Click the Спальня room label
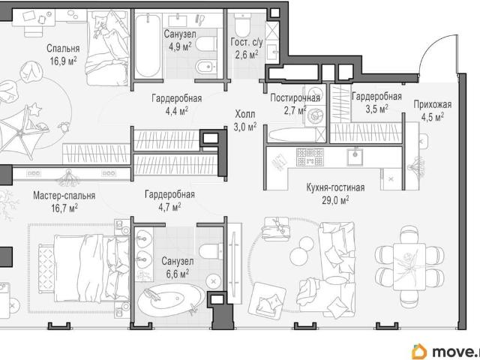[63, 48]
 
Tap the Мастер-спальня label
[64, 195]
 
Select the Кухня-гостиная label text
[335, 187]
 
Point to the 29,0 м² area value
[335, 200]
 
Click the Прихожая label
[433, 105]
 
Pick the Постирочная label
[295, 98]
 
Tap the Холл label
[245, 114]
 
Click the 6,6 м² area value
[177, 274]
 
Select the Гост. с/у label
[247, 43]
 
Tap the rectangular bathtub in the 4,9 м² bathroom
[148, 46]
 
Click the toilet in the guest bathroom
[243, 26]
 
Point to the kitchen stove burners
[310, 157]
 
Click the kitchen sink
[355, 157]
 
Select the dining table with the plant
[409, 266]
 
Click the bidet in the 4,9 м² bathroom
[206, 66]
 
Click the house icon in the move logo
[419, 352]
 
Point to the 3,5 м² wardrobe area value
[376, 109]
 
